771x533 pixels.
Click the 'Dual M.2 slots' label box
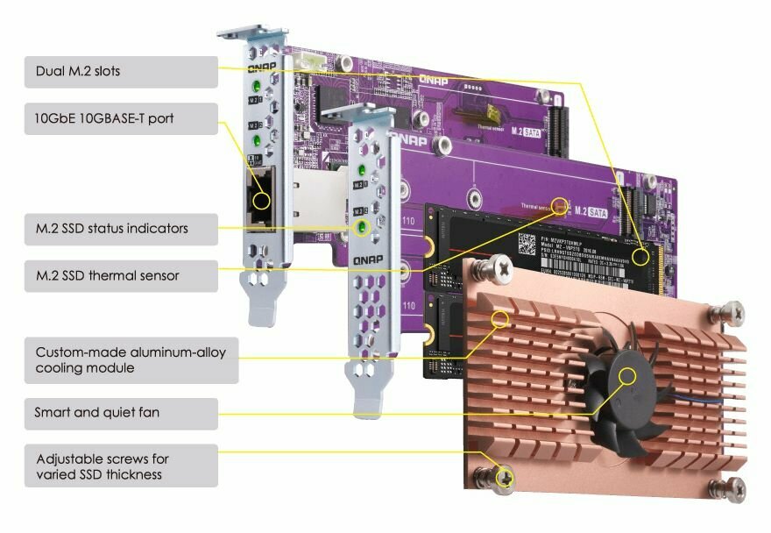coord(121,72)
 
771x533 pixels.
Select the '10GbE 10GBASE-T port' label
coord(121,118)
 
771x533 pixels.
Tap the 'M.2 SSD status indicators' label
coord(121,229)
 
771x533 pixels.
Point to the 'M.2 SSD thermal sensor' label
coord(121,276)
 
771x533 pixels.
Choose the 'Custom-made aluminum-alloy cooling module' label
coord(131,360)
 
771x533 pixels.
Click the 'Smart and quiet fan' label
coord(121,412)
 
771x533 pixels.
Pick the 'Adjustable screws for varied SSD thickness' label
coord(121,465)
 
